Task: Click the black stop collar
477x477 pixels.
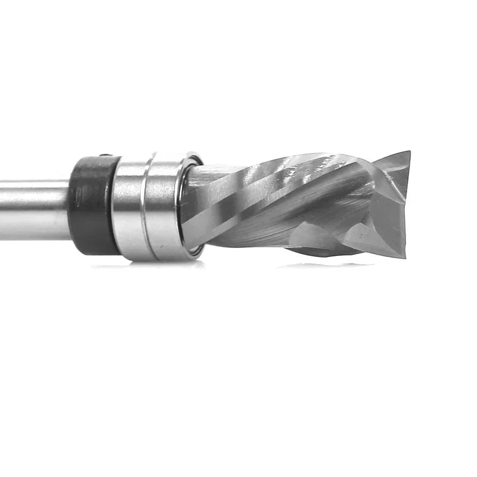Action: point(92,206)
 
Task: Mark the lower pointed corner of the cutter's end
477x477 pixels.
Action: point(404,255)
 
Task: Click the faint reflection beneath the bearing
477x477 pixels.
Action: point(149,265)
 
